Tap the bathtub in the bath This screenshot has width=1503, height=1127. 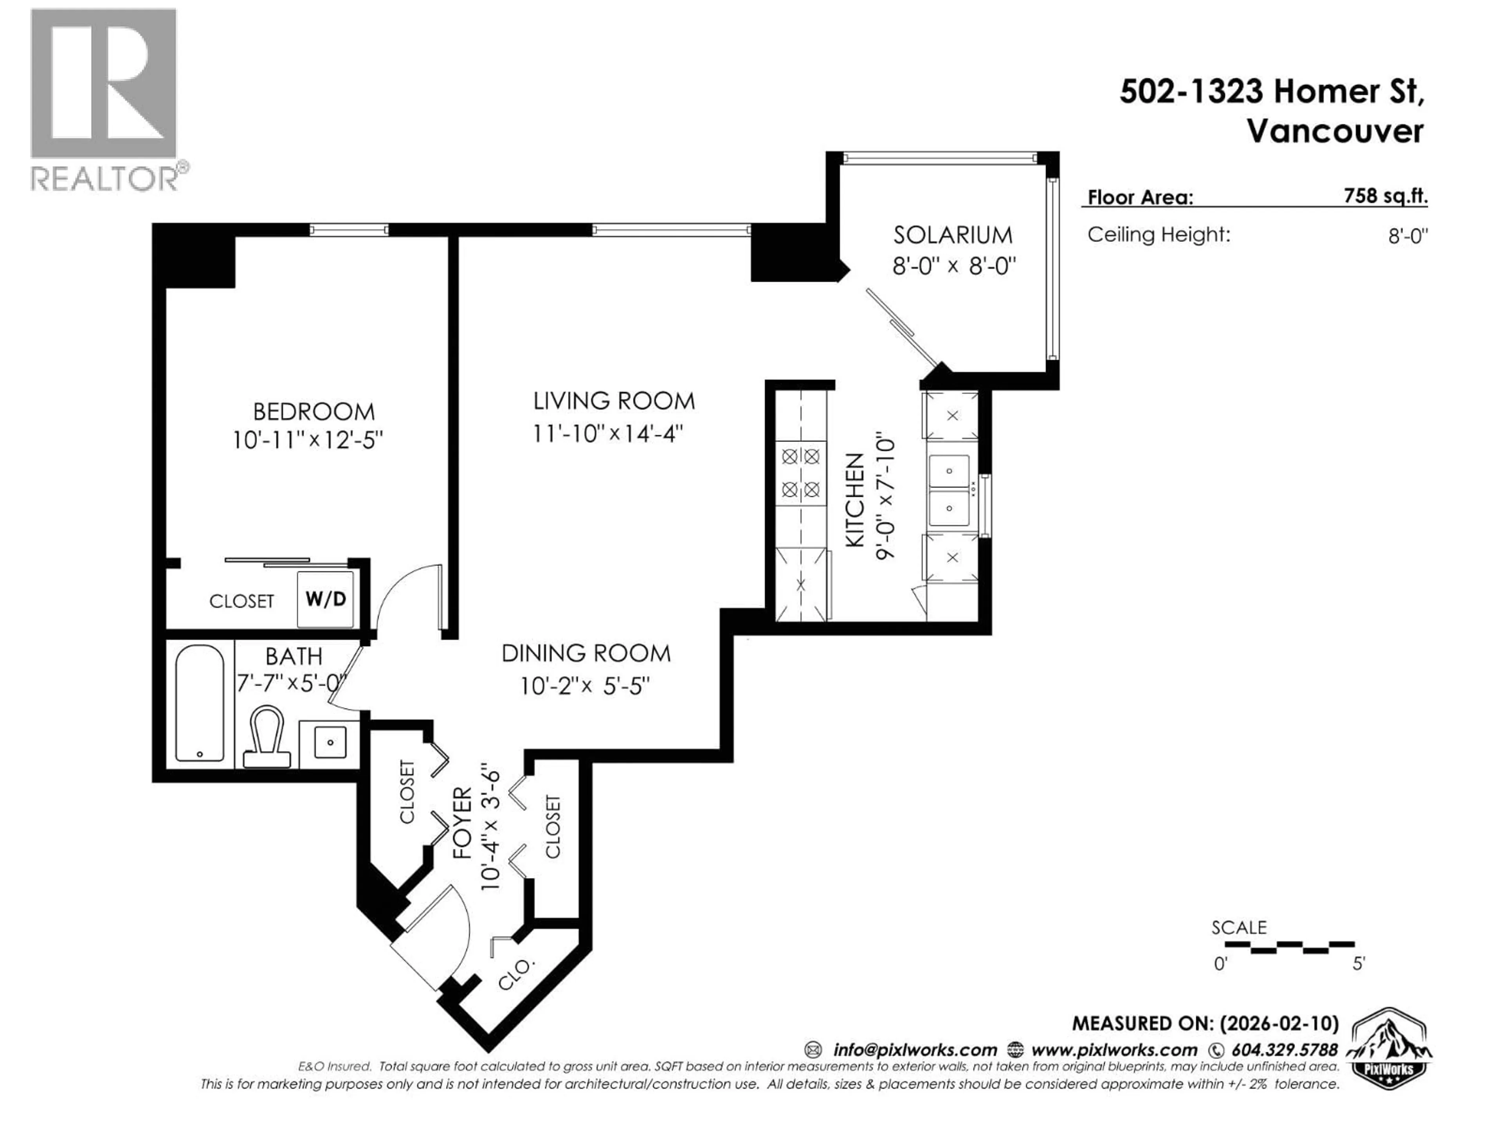[200, 703]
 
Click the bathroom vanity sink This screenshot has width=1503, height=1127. [330, 742]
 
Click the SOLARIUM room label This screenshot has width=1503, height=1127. [953, 235]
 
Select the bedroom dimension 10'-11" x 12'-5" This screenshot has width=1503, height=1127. [308, 440]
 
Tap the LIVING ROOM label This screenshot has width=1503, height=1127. [614, 401]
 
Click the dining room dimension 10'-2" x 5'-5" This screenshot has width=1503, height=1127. [585, 686]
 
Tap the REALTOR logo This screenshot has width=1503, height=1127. [105, 99]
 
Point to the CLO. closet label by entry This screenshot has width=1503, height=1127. [516, 975]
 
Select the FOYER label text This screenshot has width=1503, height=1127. [462, 823]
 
